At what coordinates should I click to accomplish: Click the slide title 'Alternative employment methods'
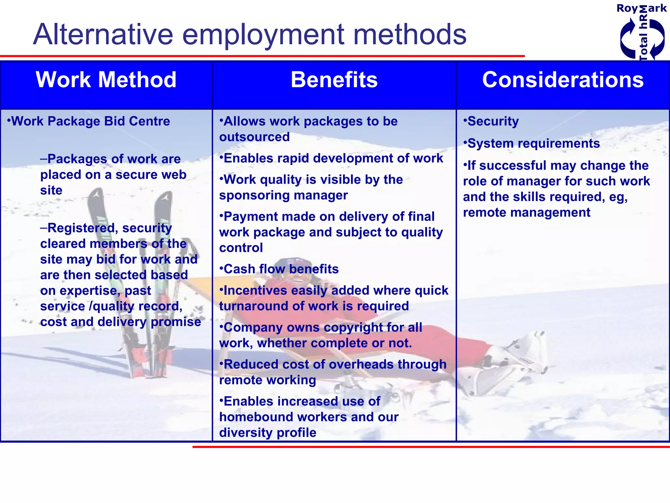coord(250,34)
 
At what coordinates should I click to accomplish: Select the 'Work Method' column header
coord(106,80)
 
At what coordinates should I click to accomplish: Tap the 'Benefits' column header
coord(334,80)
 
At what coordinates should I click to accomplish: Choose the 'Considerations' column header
coord(563,80)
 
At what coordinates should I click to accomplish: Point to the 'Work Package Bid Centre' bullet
coord(90,121)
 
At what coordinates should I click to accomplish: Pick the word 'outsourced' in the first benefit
coord(255,137)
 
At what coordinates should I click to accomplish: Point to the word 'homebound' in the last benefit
coord(251,417)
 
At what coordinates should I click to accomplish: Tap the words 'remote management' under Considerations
coord(527,213)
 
